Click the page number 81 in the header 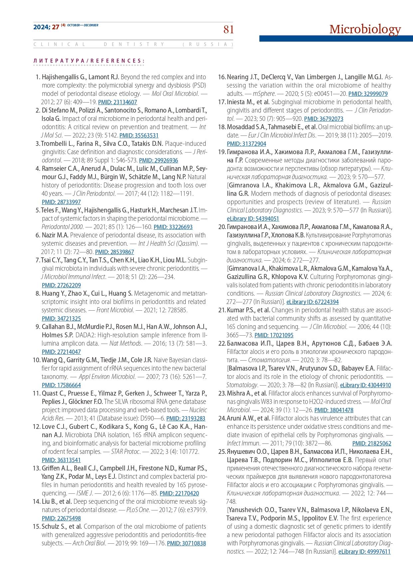coord(228,30)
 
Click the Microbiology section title coord(365,29)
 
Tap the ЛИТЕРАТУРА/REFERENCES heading coord(89,61)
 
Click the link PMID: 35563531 coord(139,136)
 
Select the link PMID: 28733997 coord(61,202)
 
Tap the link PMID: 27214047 coord(61,352)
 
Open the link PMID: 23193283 coord(186,419)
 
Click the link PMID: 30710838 coord(186,543)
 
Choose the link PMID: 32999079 coord(368,94)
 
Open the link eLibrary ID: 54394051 coord(253,219)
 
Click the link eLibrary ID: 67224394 coord(312,302)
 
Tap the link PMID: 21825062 coord(371,443)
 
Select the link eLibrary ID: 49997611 coord(364,552)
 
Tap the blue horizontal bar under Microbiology coord(336,39)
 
